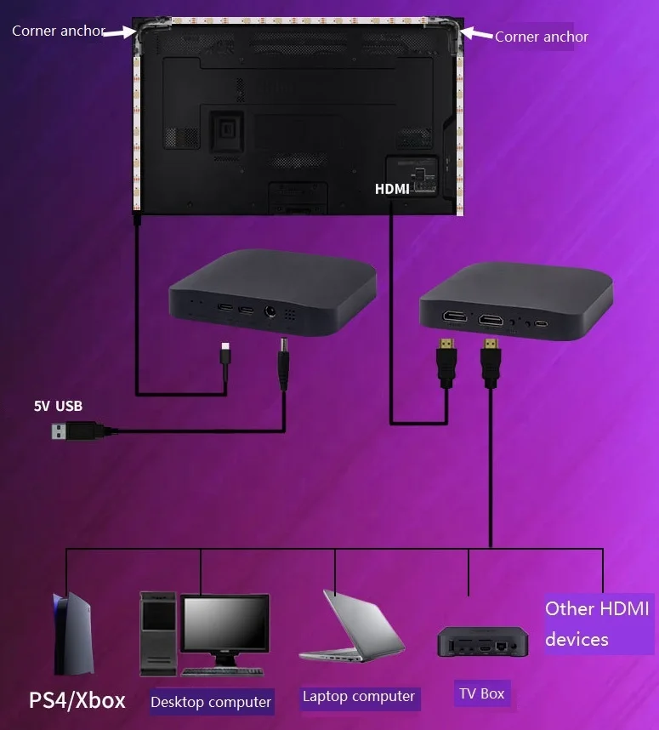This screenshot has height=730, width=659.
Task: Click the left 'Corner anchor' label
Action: tap(58, 31)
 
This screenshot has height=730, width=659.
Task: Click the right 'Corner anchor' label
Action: tap(541, 37)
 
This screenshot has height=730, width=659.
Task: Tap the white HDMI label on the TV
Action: tap(392, 189)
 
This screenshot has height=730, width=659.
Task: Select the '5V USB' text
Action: tap(58, 406)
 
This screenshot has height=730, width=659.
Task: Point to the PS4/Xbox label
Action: tap(77, 700)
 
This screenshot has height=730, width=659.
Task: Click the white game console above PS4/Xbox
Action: tap(69, 634)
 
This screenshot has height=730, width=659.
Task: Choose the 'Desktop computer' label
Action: tap(211, 702)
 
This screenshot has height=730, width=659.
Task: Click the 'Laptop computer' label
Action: tap(359, 697)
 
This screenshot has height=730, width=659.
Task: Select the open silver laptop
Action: tap(349, 625)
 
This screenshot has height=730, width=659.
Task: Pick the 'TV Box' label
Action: tap(481, 693)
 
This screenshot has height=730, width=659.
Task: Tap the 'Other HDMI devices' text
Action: tap(597, 624)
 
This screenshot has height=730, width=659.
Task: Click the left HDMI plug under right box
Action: tap(445, 362)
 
